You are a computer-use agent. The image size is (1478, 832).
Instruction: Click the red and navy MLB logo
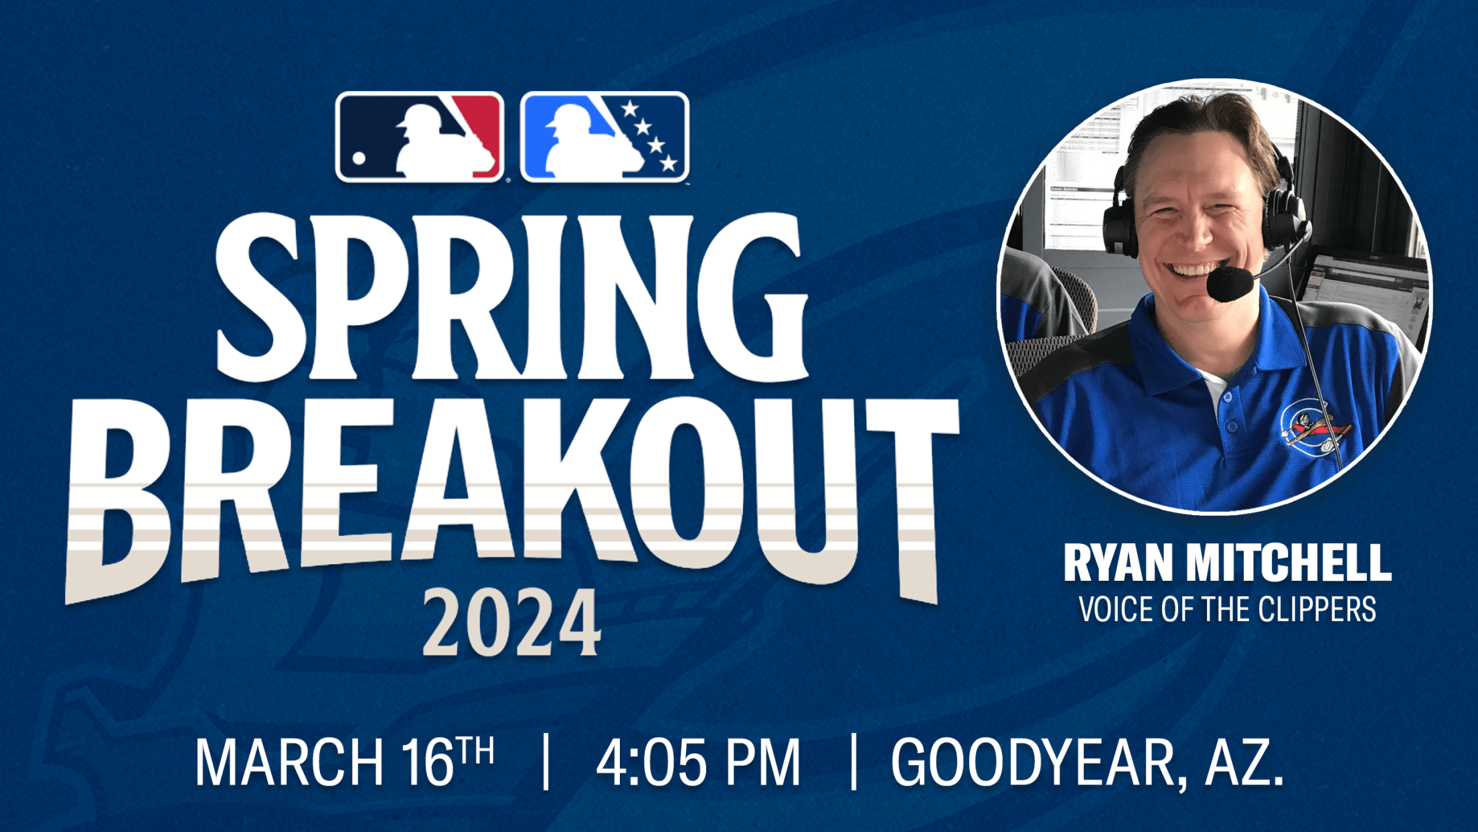point(420,137)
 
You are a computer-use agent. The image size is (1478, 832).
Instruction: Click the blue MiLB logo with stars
point(604,137)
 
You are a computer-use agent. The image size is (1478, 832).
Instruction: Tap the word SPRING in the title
point(511,297)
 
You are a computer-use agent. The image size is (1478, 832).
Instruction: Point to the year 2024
point(511,623)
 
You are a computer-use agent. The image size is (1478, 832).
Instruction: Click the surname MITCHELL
point(1289,563)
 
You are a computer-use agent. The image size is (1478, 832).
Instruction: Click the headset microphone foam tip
point(1229,284)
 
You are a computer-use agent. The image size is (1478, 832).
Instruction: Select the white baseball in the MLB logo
point(359,158)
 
